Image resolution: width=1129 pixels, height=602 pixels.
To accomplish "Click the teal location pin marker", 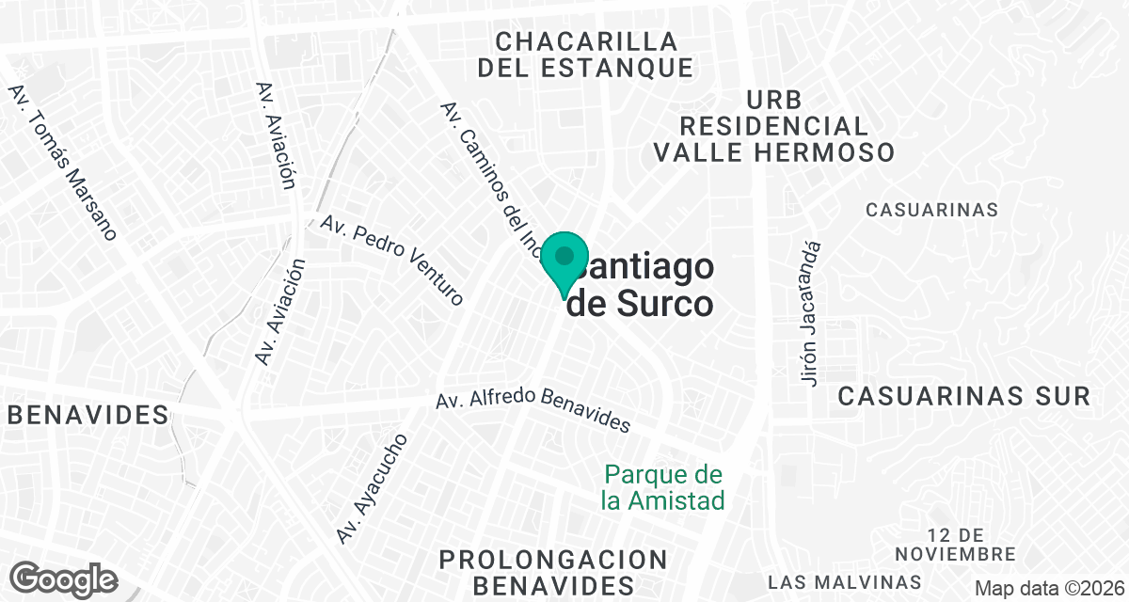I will click(x=564, y=263).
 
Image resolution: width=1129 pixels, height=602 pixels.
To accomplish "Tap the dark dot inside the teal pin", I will click(x=564, y=255).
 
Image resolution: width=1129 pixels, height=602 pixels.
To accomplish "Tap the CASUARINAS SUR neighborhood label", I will click(x=963, y=396).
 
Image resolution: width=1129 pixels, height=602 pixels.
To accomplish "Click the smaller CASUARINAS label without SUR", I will click(x=931, y=210).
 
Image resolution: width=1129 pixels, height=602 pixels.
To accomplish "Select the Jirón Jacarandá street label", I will click(x=812, y=312).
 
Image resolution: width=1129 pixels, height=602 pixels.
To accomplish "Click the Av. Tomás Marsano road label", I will click(x=63, y=163).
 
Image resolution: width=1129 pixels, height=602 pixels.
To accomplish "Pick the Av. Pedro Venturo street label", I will click(x=393, y=260).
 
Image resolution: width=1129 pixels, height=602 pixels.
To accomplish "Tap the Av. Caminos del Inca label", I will click(x=489, y=179).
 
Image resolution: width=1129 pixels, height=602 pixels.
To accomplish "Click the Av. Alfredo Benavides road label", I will click(x=533, y=409).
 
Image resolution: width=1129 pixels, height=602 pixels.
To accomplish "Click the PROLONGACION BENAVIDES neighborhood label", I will click(x=553, y=573).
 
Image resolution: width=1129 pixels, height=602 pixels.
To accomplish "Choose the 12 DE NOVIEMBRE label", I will click(x=956, y=545).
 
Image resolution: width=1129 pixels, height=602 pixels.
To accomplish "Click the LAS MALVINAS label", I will click(x=844, y=580).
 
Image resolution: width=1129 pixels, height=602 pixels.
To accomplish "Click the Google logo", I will click(x=64, y=578).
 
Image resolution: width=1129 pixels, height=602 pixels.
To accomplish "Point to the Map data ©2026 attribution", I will click(x=1048, y=588).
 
